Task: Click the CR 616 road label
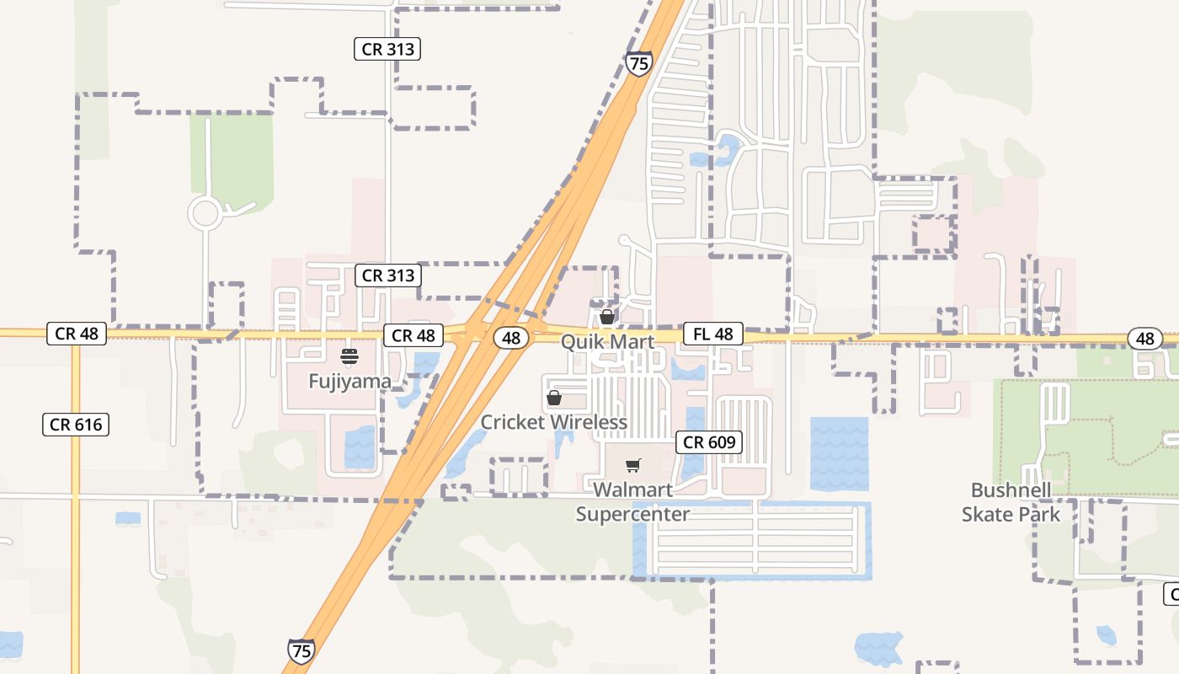point(76,425)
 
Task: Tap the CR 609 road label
point(709,442)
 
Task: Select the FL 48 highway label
point(712,334)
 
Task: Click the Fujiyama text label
point(349,382)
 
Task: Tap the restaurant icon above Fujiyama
point(349,356)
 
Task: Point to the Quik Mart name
point(607,342)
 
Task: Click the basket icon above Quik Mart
point(606,317)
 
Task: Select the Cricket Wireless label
point(553,422)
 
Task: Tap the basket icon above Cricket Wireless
point(554,397)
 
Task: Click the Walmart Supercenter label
point(632,502)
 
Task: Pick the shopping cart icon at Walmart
point(633,465)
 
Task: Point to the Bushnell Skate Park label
point(1011,502)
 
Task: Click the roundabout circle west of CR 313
point(205,213)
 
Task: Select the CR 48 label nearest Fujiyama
point(413,335)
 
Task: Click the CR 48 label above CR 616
point(77,334)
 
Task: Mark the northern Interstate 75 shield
point(638,63)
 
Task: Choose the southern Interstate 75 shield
point(301,650)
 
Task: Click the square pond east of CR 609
point(839,453)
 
